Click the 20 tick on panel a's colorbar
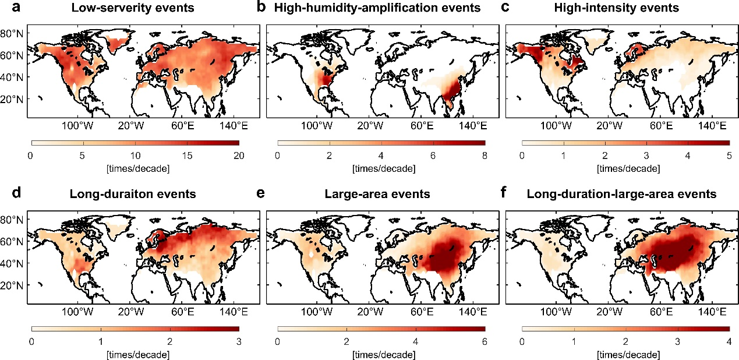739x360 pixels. (239, 156)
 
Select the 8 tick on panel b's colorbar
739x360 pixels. (485, 156)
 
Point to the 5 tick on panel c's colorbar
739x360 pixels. (729, 156)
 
